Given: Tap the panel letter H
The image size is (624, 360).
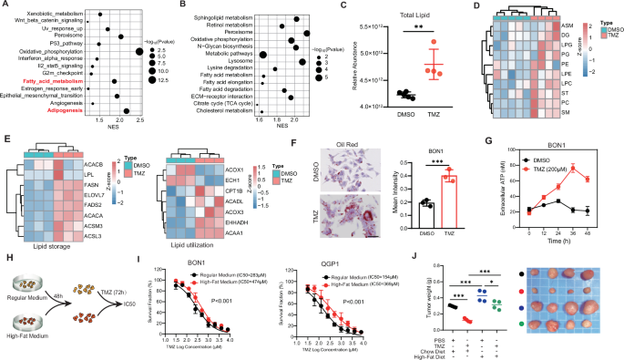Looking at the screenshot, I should click(7, 258).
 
